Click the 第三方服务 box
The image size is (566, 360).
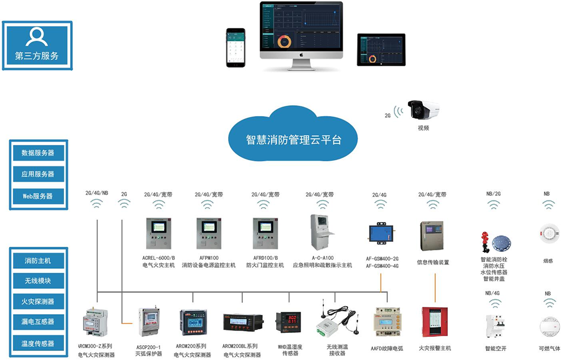click(37, 45)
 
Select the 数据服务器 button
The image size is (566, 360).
click(38, 153)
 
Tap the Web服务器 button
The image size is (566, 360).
click(38, 196)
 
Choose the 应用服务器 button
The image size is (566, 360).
click(38, 174)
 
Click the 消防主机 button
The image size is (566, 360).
click(38, 261)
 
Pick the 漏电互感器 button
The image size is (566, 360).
click(38, 322)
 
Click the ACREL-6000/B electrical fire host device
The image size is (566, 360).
click(159, 235)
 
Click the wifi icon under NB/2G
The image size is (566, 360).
click(492, 204)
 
